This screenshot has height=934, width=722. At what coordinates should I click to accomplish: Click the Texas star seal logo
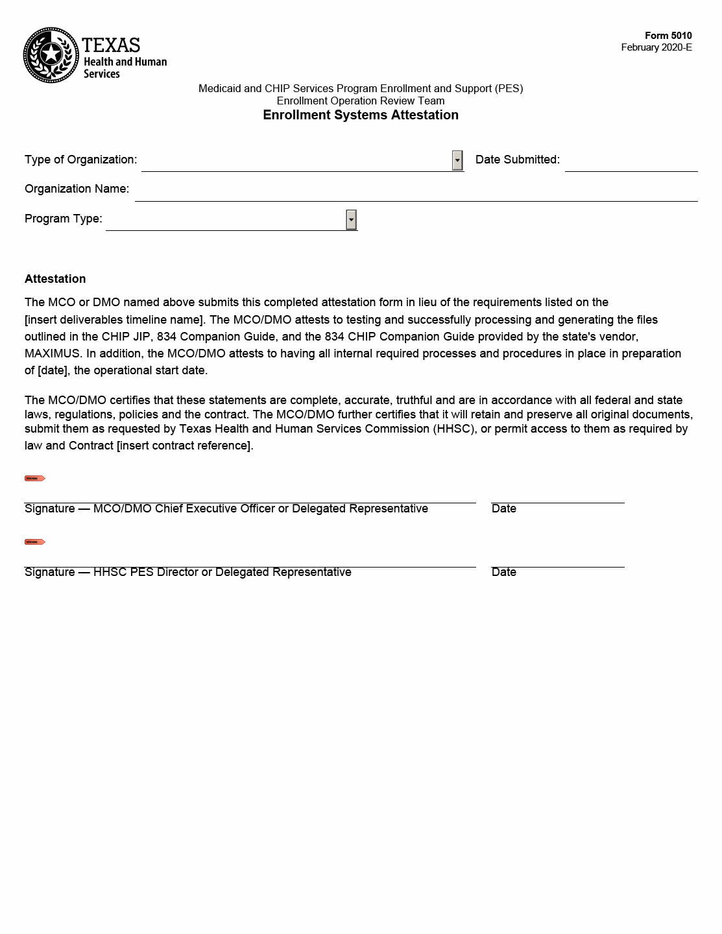click(x=51, y=55)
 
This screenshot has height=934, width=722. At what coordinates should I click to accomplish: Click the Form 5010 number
click(x=668, y=36)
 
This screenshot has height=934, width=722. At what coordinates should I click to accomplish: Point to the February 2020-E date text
click(x=656, y=47)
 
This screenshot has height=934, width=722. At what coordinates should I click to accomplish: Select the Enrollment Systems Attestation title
click(x=360, y=115)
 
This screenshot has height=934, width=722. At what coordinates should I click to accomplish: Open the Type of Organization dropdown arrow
click(x=457, y=160)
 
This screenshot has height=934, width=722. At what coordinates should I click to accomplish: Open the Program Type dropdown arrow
click(x=351, y=220)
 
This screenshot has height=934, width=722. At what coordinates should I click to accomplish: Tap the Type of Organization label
click(x=80, y=160)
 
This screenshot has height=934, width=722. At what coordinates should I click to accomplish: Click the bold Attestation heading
click(x=55, y=279)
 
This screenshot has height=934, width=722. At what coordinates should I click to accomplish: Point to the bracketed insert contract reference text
click(x=184, y=446)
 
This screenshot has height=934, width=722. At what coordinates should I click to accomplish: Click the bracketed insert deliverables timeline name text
click(x=114, y=320)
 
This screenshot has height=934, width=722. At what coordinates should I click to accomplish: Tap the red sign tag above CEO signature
click(x=34, y=479)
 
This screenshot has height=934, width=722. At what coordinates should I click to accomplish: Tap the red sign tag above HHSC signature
click(x=34, y=542)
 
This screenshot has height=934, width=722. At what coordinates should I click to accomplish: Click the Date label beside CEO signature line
click(x=503, y=509)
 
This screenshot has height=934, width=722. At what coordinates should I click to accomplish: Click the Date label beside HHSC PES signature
click(x=503, y=572)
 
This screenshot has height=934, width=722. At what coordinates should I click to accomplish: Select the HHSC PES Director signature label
click(x=188, y=572)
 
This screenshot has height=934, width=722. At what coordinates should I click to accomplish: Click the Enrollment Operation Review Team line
click(x=360, y=101)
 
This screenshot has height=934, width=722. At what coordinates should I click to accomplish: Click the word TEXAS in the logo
click(x=111, y=45)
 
